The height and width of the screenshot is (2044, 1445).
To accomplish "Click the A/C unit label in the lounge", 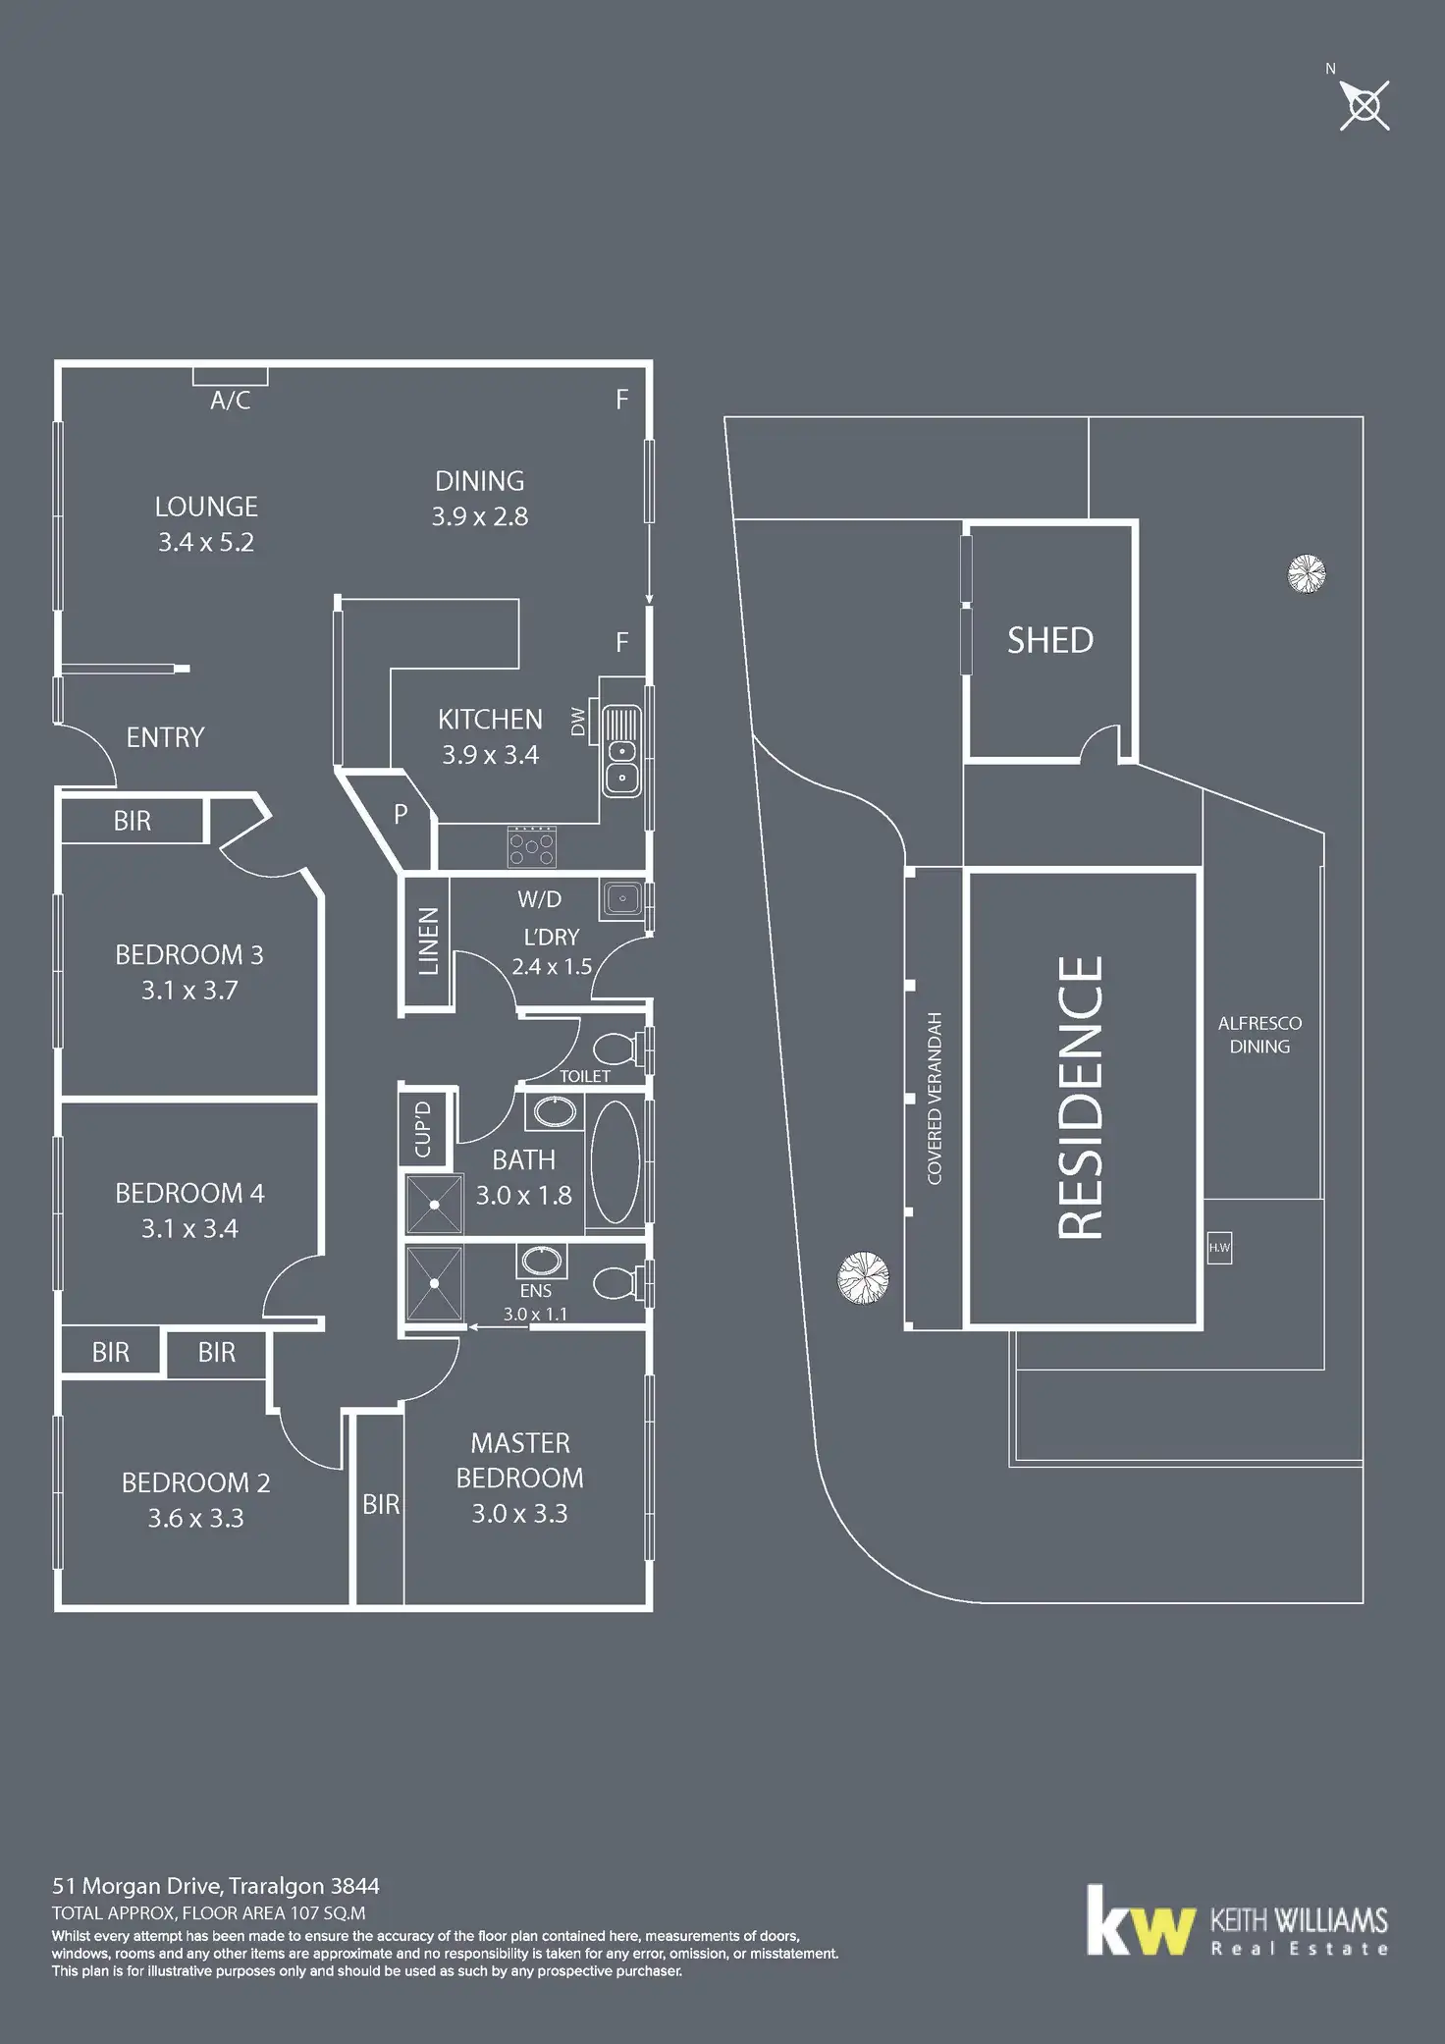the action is point(230,401).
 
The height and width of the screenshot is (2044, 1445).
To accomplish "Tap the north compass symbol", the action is point(1365,104).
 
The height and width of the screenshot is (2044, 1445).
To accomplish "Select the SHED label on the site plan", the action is point(1049,640).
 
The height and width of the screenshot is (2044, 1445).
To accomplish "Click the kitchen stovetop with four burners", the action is point(532,846).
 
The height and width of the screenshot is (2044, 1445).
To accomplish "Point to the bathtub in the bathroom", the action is point(615,1161).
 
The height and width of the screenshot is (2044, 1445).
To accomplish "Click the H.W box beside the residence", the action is point(1219,1248).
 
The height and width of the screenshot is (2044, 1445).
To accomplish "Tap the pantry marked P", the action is point(401,814).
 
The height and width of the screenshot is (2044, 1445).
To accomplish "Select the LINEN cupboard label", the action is point(428,941).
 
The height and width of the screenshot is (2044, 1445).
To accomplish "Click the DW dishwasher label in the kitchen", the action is point(578,722).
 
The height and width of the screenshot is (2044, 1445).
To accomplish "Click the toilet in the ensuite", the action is point(617,1282).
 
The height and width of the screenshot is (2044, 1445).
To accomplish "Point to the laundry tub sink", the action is point(622,897).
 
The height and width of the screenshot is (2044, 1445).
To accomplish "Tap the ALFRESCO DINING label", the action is point(1259,1035).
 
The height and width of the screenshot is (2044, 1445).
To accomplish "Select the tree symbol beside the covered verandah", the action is point(863,1277).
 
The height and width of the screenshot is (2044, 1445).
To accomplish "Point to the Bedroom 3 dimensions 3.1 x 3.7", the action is point(189,990).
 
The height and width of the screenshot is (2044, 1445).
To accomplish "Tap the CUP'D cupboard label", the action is point(424,1129).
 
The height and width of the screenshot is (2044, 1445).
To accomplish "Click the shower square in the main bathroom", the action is point(434,1204).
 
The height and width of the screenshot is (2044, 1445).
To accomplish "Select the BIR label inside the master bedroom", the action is point(381,1504).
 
